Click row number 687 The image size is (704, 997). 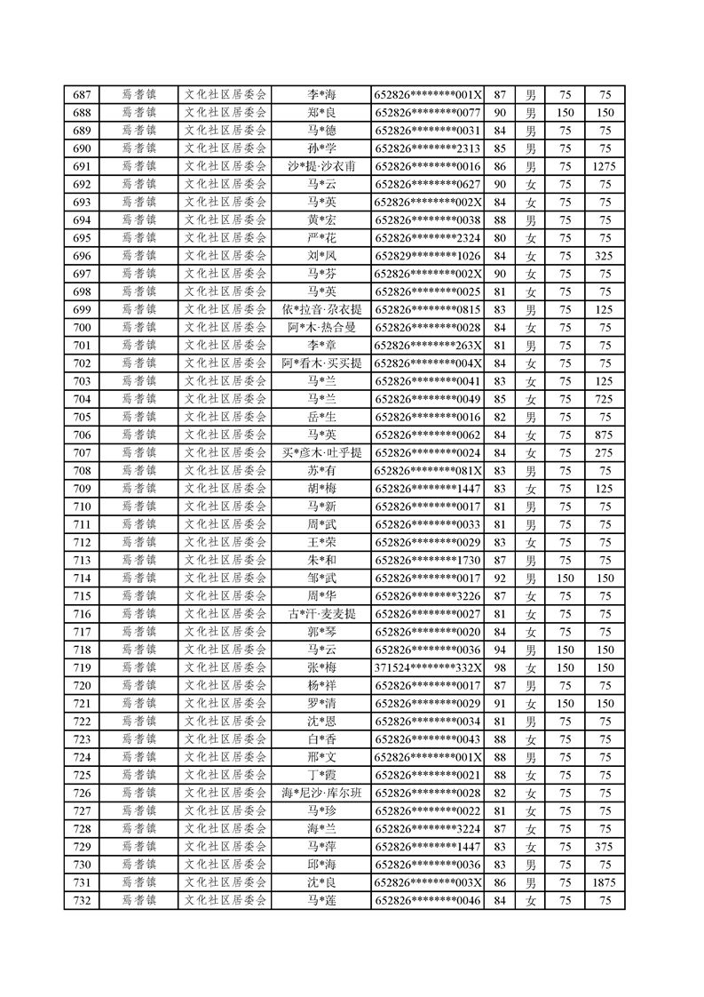[83, 95]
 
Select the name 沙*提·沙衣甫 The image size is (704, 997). [321, 166]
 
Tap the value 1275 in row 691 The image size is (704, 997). [605, 166]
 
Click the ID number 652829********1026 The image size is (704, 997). [428, 256]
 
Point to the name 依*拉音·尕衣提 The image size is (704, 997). [321, 309]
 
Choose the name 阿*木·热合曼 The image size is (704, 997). [321, 327]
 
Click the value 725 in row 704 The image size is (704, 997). [605, 399]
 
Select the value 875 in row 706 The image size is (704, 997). [605, 435]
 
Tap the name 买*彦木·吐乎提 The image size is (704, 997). [321, 452]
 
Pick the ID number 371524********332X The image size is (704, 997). [428, 667]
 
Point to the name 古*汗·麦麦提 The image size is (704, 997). [321, 613]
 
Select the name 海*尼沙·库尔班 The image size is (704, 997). [321, 793]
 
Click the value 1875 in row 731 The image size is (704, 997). [605, 882]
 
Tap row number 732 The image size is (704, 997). [83, 900]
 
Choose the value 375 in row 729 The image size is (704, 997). [605, 846]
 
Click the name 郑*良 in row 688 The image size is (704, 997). [321, 113]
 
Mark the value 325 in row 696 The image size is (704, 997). [605, 256]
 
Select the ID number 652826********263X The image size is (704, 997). [428, 346]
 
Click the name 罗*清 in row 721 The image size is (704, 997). [321, 703]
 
